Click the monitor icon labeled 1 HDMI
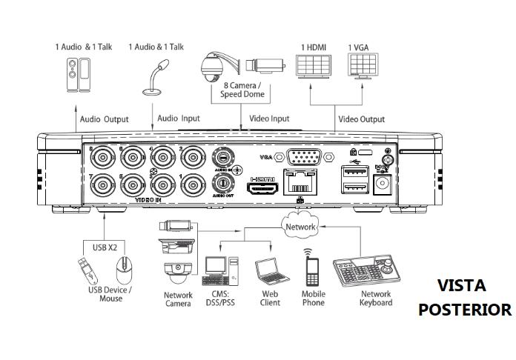(314, 68)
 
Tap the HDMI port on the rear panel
(263, 190)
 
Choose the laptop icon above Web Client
(268, 273)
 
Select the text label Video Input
(269, 119)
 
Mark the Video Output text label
(362, 119)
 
